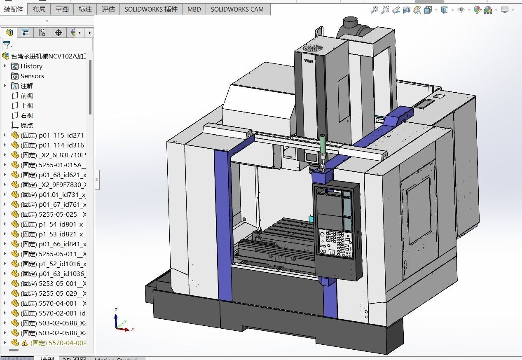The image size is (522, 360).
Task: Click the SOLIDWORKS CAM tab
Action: point(237,9)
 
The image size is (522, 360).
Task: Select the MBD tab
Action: point(194,9)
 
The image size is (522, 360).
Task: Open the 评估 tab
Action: point(108,9)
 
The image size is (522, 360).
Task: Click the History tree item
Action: point(31,66)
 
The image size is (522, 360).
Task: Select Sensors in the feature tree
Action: point(32,76)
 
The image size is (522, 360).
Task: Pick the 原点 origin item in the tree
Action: point(27,125)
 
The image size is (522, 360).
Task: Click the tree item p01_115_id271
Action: point(62,135)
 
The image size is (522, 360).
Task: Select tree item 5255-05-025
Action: point(62,214)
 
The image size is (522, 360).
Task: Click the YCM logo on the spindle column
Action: point(308,61)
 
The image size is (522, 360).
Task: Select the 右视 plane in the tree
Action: point(27,115)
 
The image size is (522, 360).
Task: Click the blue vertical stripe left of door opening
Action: point(223,222)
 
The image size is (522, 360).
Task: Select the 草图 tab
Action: point(62,9)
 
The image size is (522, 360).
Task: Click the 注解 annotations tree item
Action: point(27,86)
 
